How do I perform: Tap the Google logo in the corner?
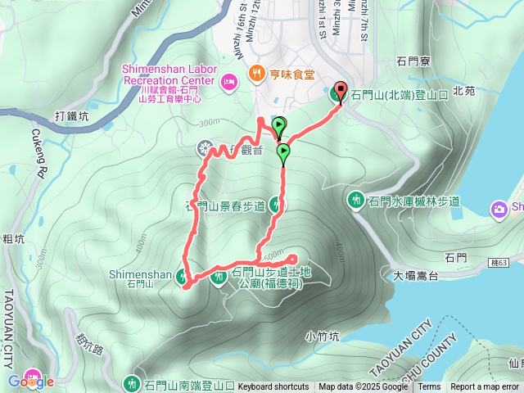(x=30, y=381)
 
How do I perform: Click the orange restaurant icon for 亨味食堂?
(x=256, y=73)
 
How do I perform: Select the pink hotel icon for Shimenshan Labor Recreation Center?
(x=229, y=80)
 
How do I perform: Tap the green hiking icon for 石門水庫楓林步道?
(x=356, y=201)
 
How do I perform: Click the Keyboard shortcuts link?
(x=273, y=387)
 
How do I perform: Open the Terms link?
(x=429, y=387)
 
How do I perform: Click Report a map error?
(x=485, y=387)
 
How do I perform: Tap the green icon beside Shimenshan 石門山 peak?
(x=183, y=278)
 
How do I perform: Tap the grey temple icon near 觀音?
(x=205, y=149)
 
